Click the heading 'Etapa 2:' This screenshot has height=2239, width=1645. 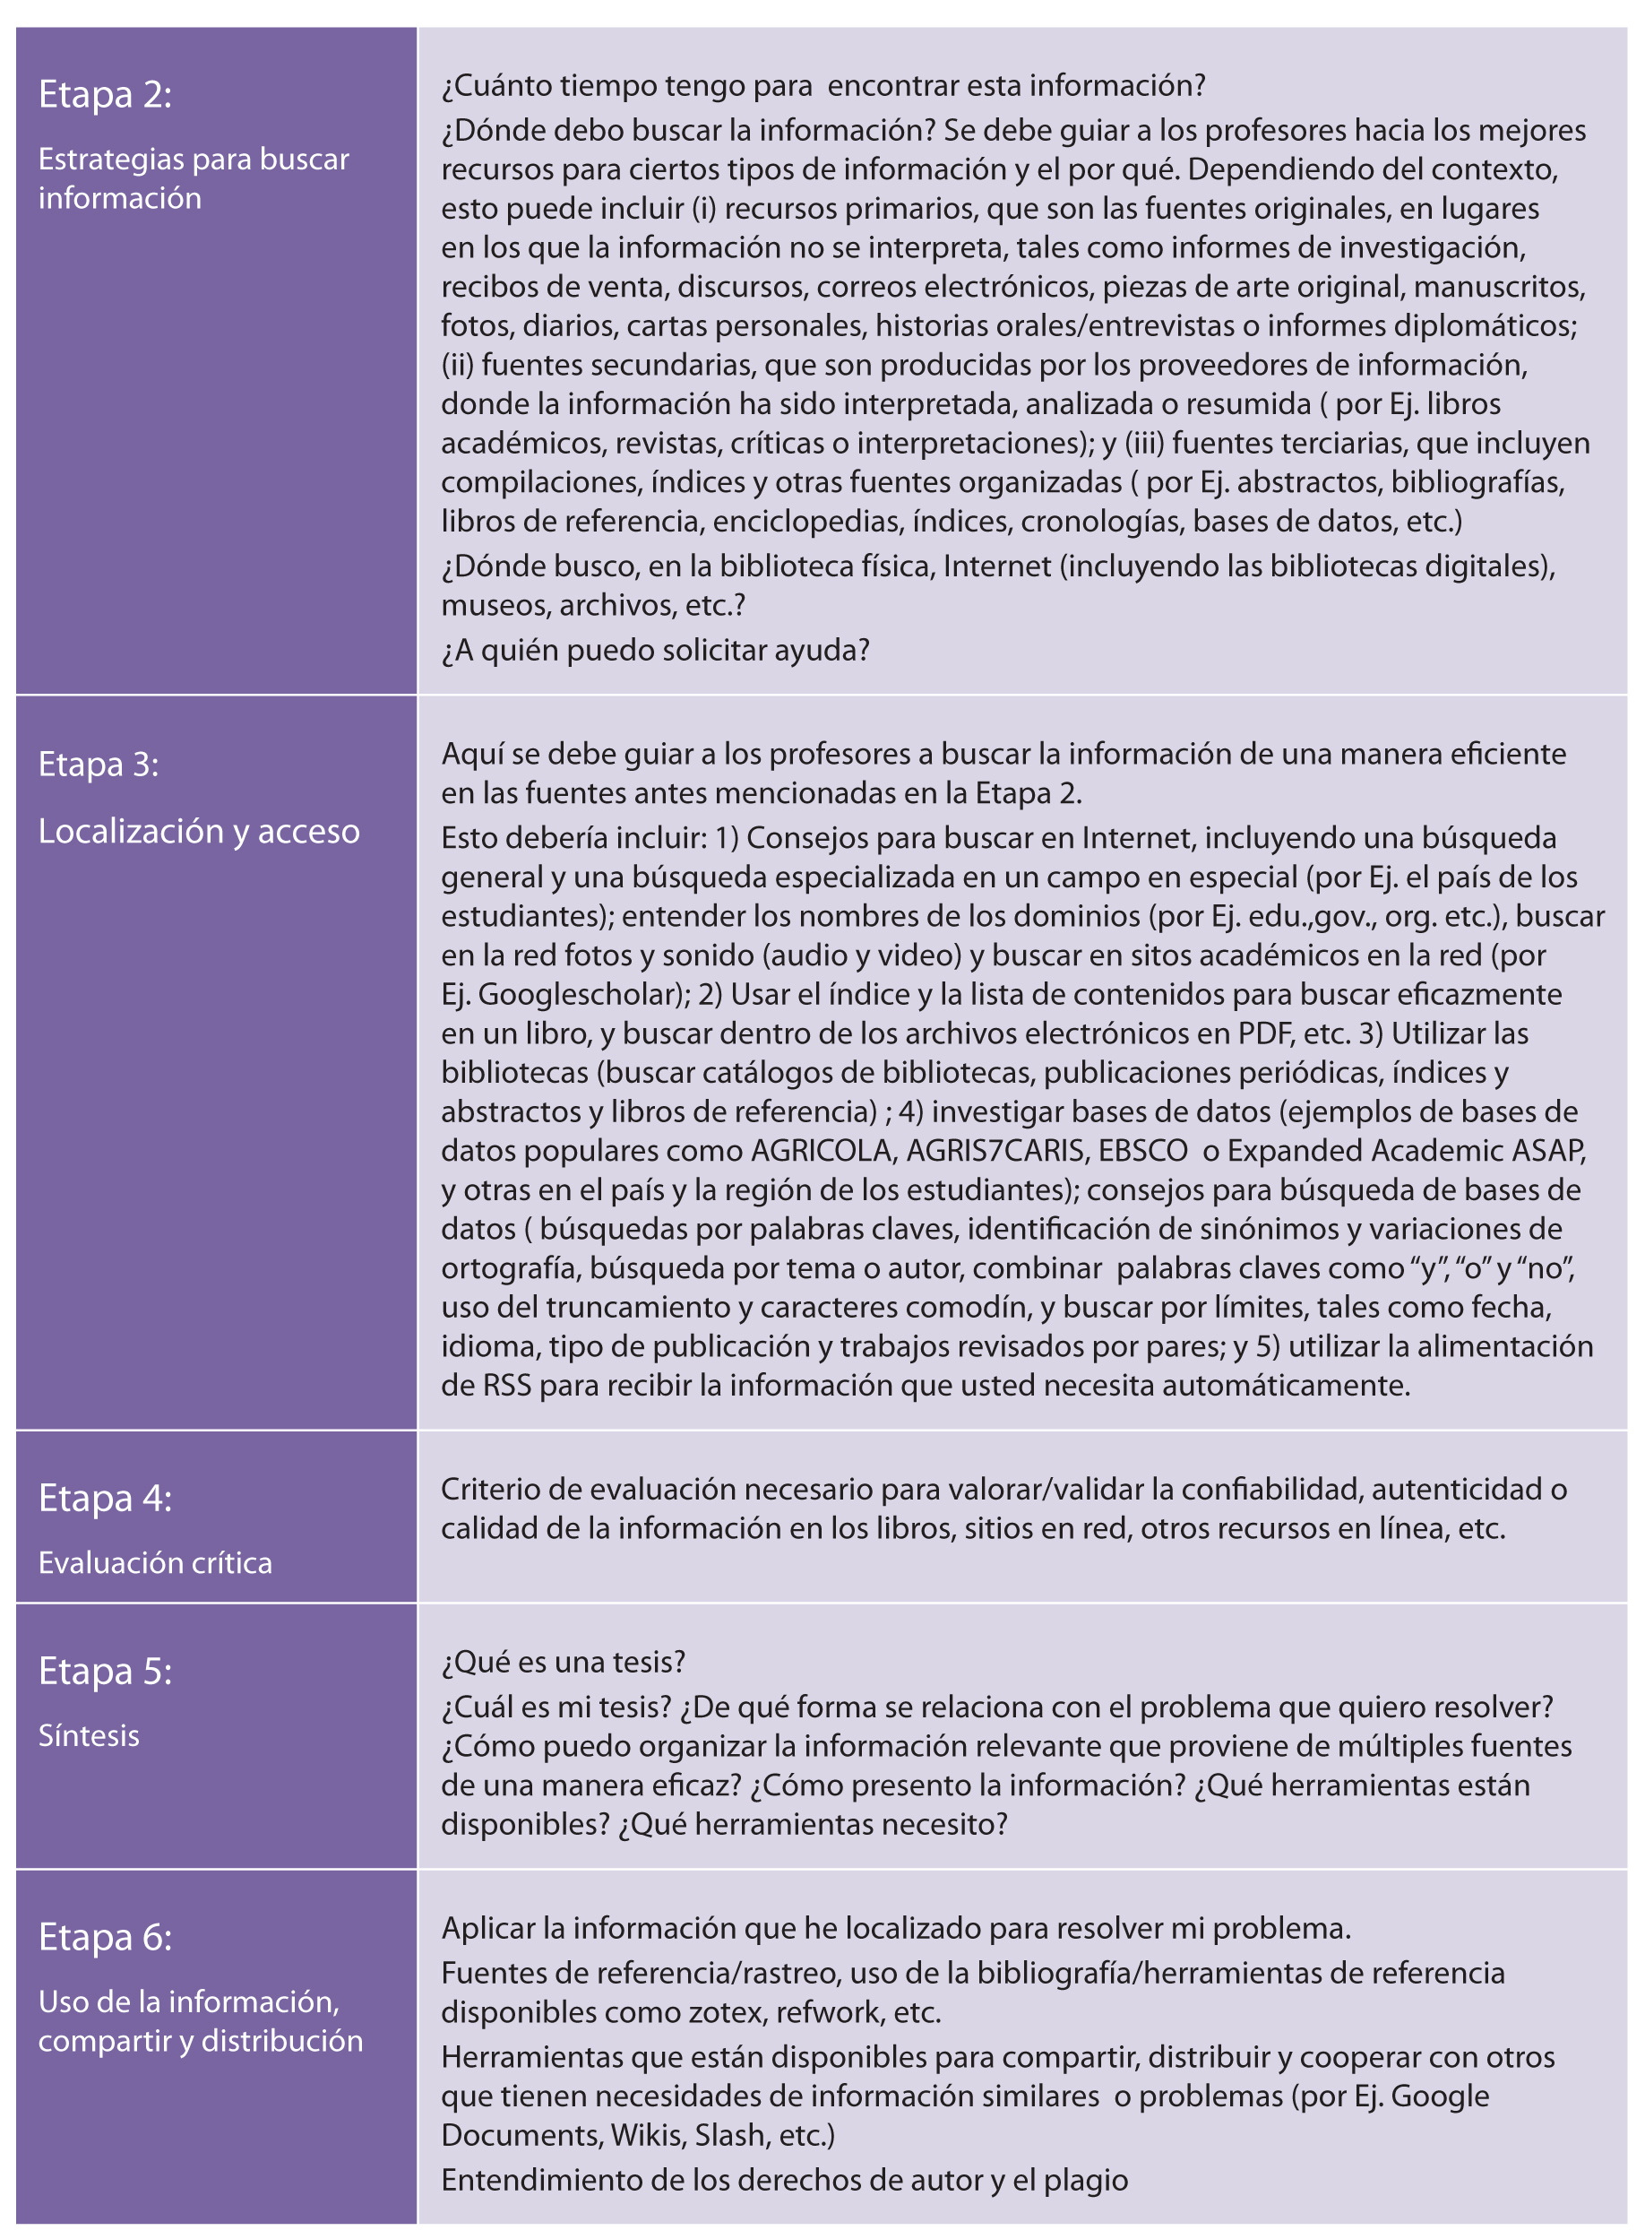[105, 95]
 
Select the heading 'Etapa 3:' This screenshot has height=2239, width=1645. [98, 764]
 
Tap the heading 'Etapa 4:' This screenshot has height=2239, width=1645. [105, 1498]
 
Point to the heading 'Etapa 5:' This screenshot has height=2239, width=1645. [105, 1672]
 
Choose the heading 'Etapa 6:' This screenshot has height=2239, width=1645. [105, 1937]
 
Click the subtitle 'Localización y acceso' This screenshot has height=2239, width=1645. [198, 831]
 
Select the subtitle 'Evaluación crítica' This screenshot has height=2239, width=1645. [154, 1562]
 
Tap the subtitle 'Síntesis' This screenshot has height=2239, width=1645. [89, 1736]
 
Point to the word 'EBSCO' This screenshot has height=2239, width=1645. [1142, 1150]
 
